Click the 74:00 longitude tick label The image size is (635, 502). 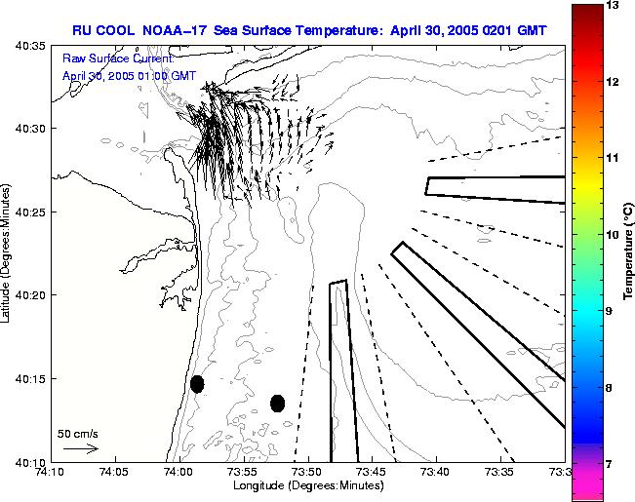coord(178,472)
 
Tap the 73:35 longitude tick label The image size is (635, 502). coord(498,472)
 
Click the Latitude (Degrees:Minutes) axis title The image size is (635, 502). coord(8,253)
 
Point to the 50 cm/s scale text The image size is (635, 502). coord(78,433)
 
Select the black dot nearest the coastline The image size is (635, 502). coord(197,384)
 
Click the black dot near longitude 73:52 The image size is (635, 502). coord(278,403)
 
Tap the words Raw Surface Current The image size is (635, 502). coord(117,58)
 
